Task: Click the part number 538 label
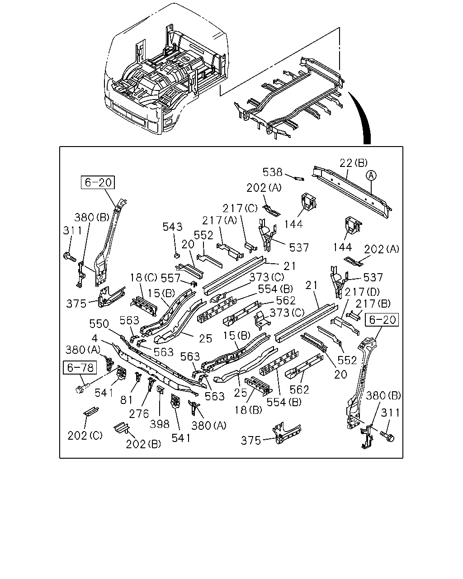tap(272, 172)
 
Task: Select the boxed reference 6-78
tap(80, 367)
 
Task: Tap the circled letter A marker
tap(371, 176)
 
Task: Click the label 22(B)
tap(353, 163)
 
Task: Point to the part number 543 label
tap(172, 227)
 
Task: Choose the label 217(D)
tap(362, 292)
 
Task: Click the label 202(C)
tap(85, 435)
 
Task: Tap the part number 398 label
tap(160, 424)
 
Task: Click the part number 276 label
tap(139, 414)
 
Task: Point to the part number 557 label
tap(170, 278)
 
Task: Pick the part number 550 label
tap(99, 324)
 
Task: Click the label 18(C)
tap(144, 277)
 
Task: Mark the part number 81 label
tap(126, 400)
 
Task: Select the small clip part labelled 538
tap(299, 178)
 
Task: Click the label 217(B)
tap(373, 304)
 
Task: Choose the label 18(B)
tap(248, 410)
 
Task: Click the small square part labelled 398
tap(160, 389)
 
